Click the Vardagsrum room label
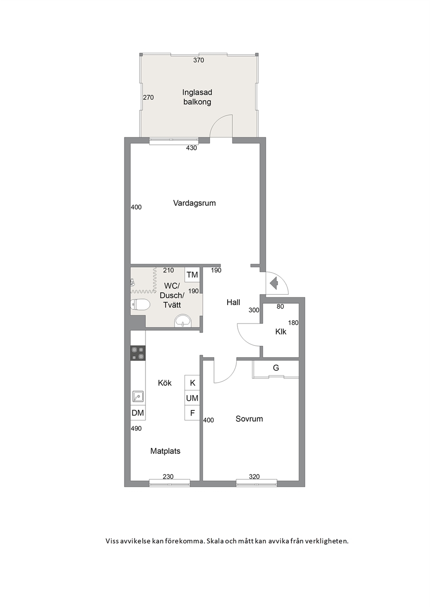pos(194,203)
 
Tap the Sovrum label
pos(249,419)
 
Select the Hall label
pos(234,302)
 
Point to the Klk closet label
pos(281,332)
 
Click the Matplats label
pos(165,451)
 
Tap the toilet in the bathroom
pos(140,305)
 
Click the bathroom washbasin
pos(183,321)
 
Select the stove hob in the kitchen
pos(138,353)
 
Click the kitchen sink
pos(138,396)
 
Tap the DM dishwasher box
pos(138,413)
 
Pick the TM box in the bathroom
pos(192,275)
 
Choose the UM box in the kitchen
pos(192,398)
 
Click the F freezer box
pos(192,413)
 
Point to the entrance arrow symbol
pos(274,283)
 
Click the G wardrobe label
pos(276,368)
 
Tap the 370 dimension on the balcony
pos(199,60)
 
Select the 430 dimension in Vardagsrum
pos(192,148)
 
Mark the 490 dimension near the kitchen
pos(136,428)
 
